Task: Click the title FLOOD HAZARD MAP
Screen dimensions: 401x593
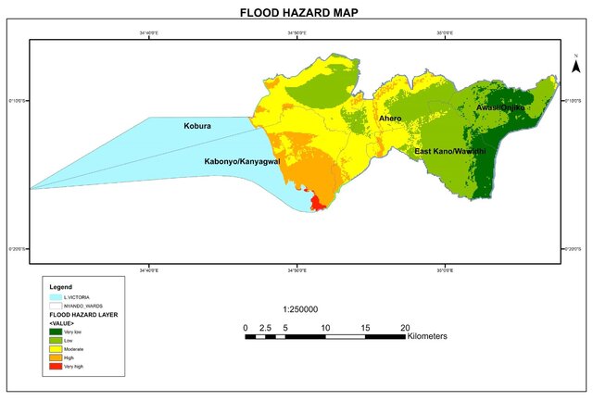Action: click(296, 13)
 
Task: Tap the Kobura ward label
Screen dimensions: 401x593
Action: click(197, 125)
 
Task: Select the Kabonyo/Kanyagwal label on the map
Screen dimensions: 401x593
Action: click(242, 161)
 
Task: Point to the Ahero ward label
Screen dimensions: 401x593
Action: click(389, 119)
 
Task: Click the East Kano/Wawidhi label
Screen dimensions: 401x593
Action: click(449, 151)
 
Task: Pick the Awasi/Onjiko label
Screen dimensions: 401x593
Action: click(500, 108)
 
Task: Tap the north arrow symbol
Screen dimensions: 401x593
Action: click(575, 67)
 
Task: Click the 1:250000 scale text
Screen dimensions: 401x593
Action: click(300, 309)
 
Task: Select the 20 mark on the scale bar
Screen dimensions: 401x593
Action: click(405, 328)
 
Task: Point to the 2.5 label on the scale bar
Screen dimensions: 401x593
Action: click(264, 328)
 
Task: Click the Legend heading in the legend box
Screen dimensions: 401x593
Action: click(60, 286)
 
